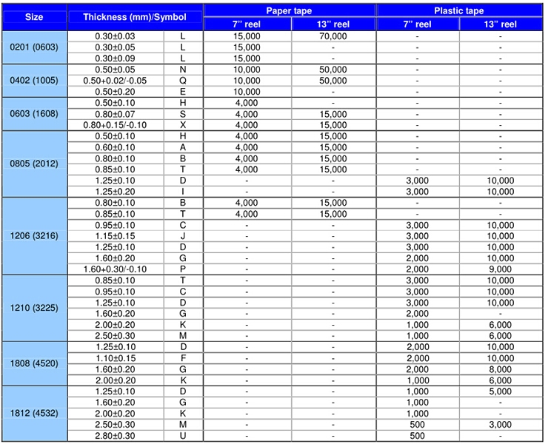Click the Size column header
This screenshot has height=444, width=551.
(34, 16)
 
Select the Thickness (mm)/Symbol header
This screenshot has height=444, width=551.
(134, 16)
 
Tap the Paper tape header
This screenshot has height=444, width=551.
(290, 10)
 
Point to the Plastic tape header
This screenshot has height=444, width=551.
(459, 10)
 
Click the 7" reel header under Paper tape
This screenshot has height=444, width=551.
(246, 24)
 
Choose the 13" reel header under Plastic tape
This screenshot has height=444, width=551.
(501, 24)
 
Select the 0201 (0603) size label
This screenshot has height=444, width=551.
(34, 47)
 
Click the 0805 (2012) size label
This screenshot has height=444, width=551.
(34, 164)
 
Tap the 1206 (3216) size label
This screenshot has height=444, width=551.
(34, 235)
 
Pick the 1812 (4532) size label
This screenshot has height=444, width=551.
(34, 412)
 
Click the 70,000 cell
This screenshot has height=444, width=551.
(333, 36)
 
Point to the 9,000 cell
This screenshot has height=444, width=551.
(501, 269)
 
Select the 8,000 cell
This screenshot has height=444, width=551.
(501, 369)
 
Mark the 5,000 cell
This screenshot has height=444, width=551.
(501, 391)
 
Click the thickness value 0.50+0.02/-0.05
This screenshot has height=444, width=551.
(115, 81)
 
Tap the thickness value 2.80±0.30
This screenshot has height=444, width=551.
(115, 436)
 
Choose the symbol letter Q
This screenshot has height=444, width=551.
(183, 81)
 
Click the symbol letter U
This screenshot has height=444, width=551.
(183, 436)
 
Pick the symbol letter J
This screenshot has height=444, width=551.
(183, 236)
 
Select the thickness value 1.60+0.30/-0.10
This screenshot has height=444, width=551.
(115, 269)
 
